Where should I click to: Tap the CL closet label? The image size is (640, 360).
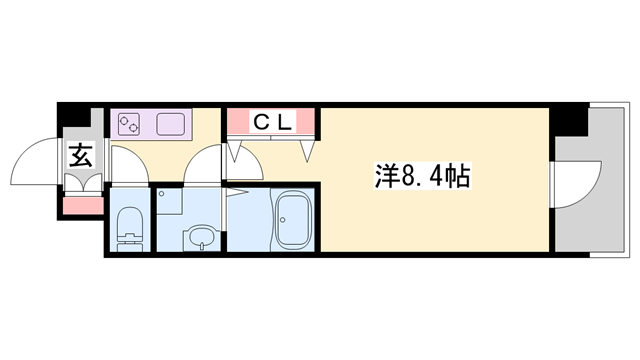272,123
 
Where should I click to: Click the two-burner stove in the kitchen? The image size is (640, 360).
129,124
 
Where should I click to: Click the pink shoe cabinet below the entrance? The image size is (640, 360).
83,205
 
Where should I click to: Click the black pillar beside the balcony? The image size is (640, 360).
569,121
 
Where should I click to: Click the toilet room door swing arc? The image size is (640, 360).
128,163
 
